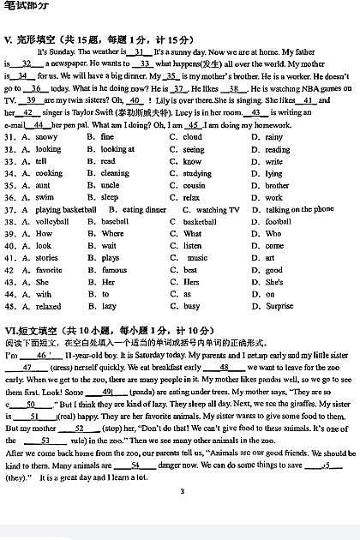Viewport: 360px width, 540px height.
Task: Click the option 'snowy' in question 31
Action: (46, 137)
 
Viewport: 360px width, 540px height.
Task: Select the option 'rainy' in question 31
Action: (274, 137)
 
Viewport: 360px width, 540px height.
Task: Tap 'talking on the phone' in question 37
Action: (300, 209)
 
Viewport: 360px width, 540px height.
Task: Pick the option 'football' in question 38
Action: (278, 221)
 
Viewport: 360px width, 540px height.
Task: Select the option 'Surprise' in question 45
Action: (279, 306)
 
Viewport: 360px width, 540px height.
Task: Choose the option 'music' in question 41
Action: (197, 257)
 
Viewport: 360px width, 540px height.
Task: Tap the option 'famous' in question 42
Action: (114, 270)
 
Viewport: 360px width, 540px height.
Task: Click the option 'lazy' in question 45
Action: (108, 306)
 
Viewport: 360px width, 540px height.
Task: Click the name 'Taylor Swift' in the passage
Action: (93, 112)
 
